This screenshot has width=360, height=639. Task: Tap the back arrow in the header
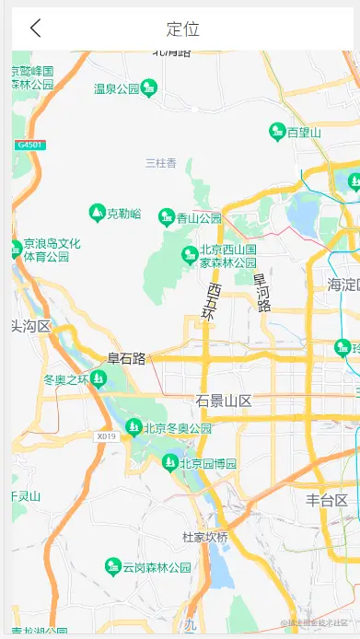[35, 29]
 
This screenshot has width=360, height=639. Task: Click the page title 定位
[182, 29]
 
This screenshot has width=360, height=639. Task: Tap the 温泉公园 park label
[117, 89]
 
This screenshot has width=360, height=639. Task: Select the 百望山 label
[304, 133]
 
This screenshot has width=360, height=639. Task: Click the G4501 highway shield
[29, 145]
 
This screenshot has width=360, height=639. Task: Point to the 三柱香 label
[161, 164]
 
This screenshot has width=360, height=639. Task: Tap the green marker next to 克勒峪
[97, 214]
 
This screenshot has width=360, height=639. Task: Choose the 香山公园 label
[200, 218]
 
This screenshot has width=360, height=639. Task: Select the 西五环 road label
[213, 303]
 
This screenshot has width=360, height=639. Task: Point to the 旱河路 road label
[262, 293]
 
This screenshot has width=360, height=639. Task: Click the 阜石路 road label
[126, 358]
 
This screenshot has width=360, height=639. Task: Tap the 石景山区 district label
[224, 401]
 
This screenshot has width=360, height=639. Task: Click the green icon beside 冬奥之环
[99, 378]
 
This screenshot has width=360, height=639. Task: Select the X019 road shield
[106, 436]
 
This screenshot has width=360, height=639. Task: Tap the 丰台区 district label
[327, 500]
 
